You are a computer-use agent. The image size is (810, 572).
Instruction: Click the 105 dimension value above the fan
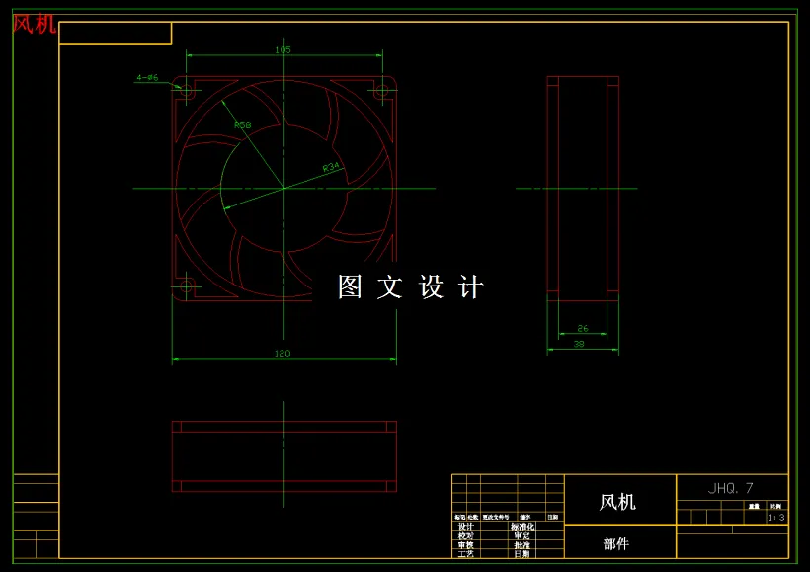click(x=283, y=49)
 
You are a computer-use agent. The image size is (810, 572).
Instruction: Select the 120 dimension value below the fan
click(x=283, y=353)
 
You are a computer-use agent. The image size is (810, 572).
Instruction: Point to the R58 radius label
click(x=242, y=125)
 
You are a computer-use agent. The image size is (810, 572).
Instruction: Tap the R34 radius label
click(x=331, y=167)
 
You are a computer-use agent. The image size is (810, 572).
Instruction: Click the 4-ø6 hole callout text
click(x=147, y=77)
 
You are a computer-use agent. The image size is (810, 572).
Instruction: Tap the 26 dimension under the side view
click(x=583, y=328)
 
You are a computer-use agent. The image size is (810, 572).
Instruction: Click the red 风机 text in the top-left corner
click(x=34, y=24)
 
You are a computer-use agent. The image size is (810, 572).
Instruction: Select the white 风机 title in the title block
click(x=617, y=502)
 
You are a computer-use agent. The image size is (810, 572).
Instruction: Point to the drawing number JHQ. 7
click(x=731, y=488)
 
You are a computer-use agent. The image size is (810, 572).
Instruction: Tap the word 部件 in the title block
click(x=615, y=543)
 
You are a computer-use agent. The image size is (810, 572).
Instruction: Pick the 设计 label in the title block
click(x=465, y=527)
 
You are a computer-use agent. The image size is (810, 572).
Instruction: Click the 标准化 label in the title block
click(x=523, y=527)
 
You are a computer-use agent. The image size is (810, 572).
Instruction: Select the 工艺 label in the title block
click(x=465, y=553)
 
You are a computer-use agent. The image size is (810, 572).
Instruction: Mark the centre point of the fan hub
click(x=283, y=188)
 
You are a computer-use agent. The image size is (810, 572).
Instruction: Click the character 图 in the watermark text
click(x=351, y=286)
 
